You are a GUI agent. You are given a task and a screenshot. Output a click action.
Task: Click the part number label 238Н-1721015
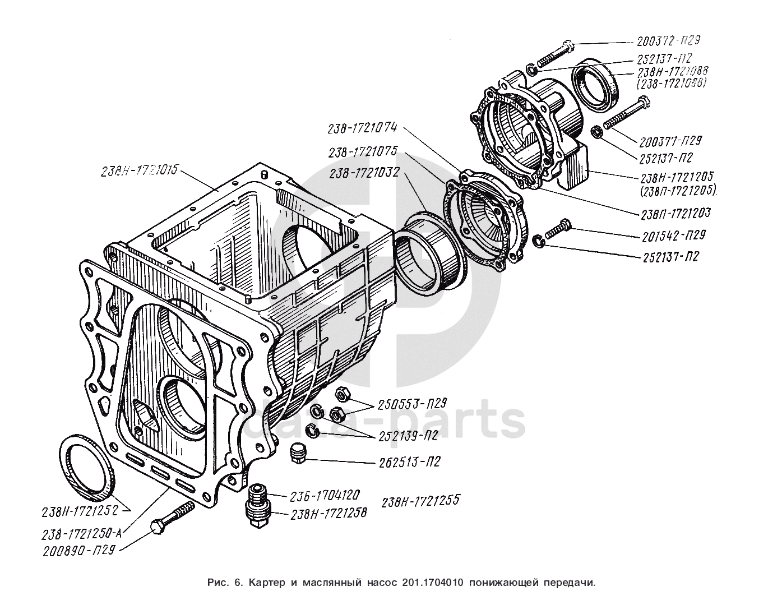(140, 170)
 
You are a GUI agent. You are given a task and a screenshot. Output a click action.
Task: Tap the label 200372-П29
(669, 41)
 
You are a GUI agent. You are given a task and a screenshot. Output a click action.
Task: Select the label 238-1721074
(363, 128)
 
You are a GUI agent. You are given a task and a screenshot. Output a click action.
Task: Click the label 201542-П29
(671, 235)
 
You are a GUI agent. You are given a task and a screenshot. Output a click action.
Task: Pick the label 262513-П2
(406, 462)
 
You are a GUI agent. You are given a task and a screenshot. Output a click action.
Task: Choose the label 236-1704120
(325, 496)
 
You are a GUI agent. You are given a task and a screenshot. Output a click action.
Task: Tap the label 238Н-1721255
(420, 501)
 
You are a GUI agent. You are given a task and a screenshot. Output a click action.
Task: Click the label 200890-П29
(78, 549)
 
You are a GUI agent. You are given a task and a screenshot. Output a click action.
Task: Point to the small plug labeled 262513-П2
(298, 452)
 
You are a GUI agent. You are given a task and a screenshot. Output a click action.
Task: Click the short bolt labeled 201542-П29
(557, 229)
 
